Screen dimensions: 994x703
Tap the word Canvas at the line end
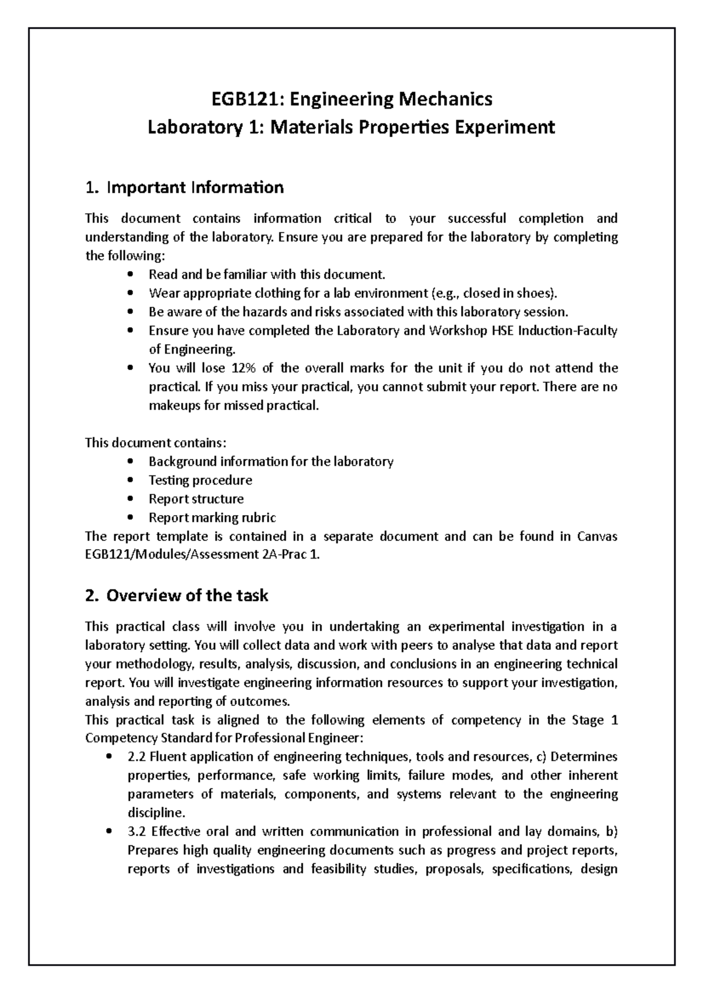click(597, 537)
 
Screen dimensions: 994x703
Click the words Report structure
click(196, 499)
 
